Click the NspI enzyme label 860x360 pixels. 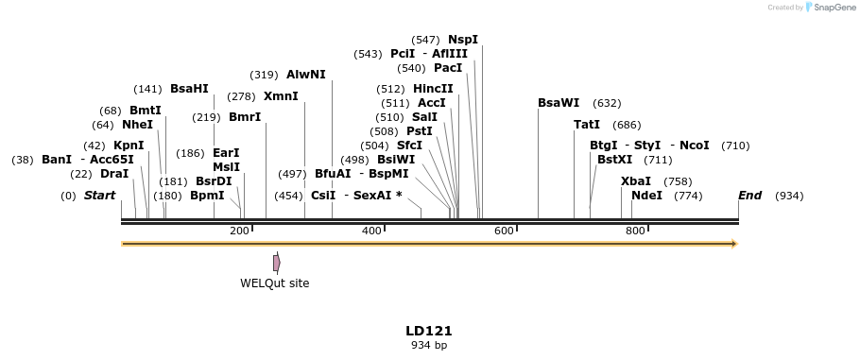[x=463, y=40]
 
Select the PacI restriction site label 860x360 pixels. [x=448, y=68]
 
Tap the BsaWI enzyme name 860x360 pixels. [x=559, y=103]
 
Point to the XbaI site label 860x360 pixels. [x=635, y=181]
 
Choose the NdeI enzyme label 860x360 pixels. [x=646, y=196]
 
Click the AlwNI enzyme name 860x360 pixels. [x=305, y=75]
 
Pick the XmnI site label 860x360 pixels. [x=281, y=96]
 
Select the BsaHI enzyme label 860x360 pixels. [x=189, y=89]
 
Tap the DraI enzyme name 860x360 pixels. [x=113, y=174]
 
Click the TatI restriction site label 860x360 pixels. [x=587, y=125]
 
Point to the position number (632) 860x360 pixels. [x=607, y=103]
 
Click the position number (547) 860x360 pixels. [x=425, y=40]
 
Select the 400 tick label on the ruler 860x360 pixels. [x=371, y=231]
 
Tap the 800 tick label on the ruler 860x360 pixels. [x=636, y=231]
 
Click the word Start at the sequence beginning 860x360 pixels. [x=99, y=196]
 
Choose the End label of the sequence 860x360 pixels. [x=749, y=196]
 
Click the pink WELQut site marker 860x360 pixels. [x=276, y=263]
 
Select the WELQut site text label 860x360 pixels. [x=274, y=283]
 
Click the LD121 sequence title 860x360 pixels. [x=429, y=332]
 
